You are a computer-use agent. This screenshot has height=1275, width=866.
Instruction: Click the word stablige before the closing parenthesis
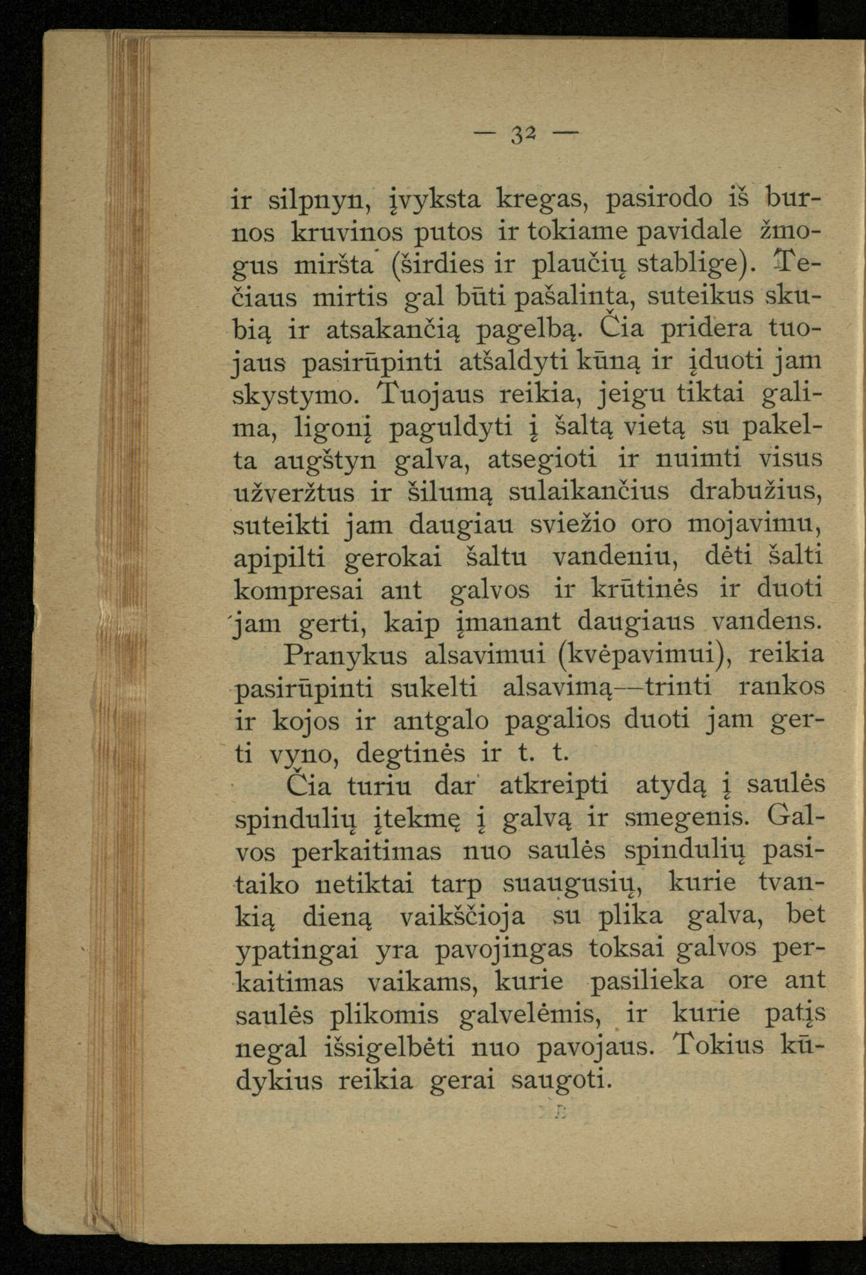point(686,265)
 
